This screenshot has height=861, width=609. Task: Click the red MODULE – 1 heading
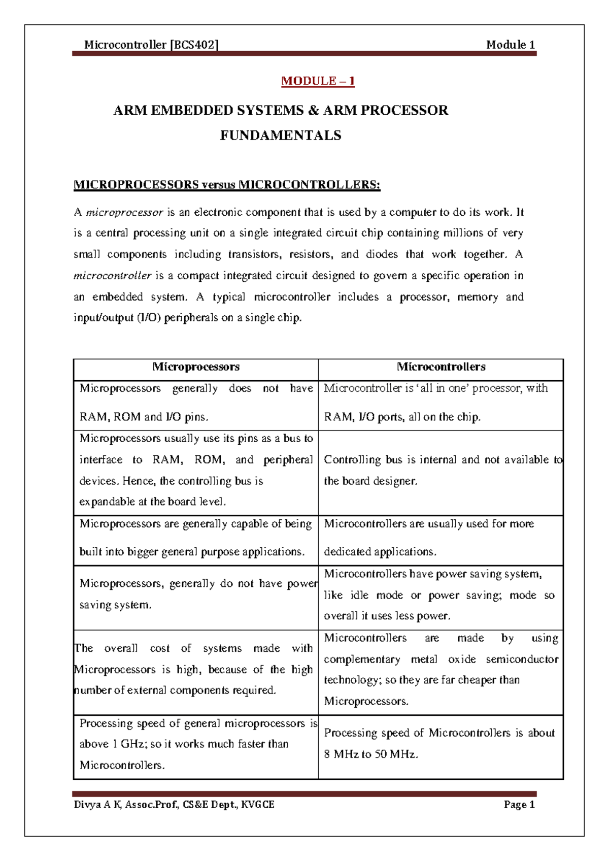[318, 81]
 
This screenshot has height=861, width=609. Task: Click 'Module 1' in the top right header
[510, 45]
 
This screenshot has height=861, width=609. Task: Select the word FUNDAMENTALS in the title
[280, 136]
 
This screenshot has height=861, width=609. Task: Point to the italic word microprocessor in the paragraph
[124, 212]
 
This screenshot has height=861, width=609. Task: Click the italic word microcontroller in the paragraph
[112, 276]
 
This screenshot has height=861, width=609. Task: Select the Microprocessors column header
[196, 367]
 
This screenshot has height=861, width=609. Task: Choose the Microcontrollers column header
[441, 367]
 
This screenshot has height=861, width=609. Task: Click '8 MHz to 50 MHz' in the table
[370, 754]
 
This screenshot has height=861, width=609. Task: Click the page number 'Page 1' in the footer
[519, 805]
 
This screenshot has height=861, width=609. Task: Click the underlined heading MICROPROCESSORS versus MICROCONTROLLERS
[227, 185]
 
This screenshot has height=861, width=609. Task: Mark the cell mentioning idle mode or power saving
[441, 595]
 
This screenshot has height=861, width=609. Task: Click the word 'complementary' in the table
[362, 659]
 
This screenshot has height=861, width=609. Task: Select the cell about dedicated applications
[441, 538]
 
